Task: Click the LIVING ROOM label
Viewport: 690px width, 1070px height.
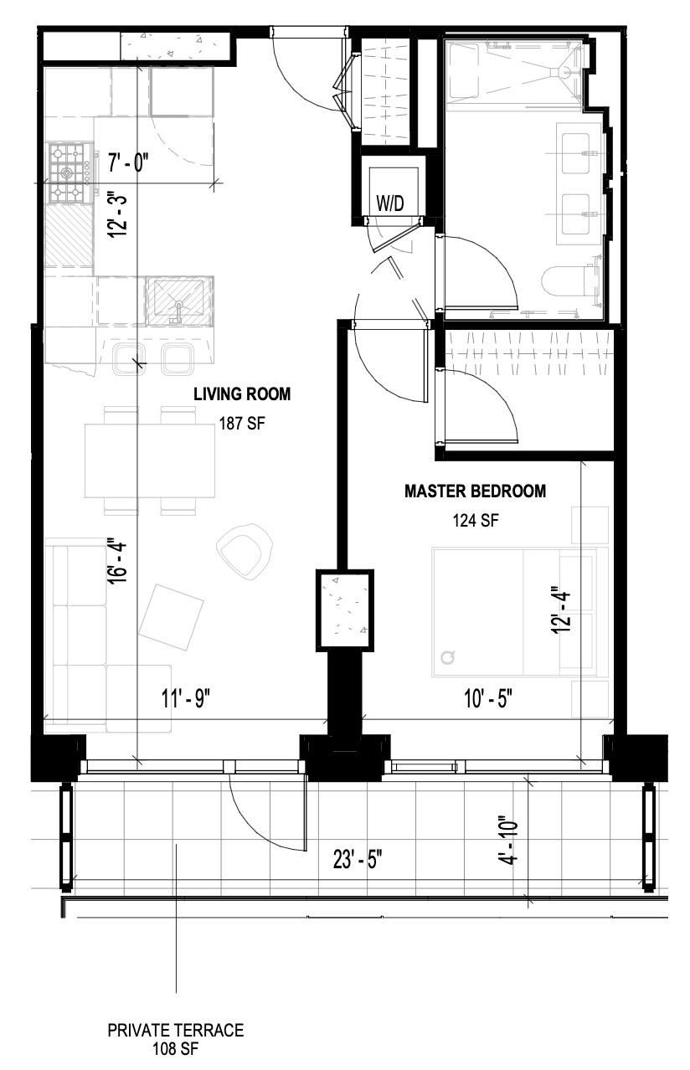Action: tap(242, 394)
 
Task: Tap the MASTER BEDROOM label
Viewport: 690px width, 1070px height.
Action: tap(475, 491)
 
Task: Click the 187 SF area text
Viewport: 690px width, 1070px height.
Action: tap(242, 423)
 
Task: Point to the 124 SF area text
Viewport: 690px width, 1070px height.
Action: tap(475, 521)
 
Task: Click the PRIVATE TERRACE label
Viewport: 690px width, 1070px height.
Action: tap(176, 1031)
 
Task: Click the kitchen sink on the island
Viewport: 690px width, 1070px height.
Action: tap(179, 301)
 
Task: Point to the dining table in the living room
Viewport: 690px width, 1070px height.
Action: tap(149, 461)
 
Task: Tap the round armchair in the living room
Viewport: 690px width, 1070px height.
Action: tap(245, 550)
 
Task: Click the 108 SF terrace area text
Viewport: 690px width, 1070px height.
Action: tap(176, 1047)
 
